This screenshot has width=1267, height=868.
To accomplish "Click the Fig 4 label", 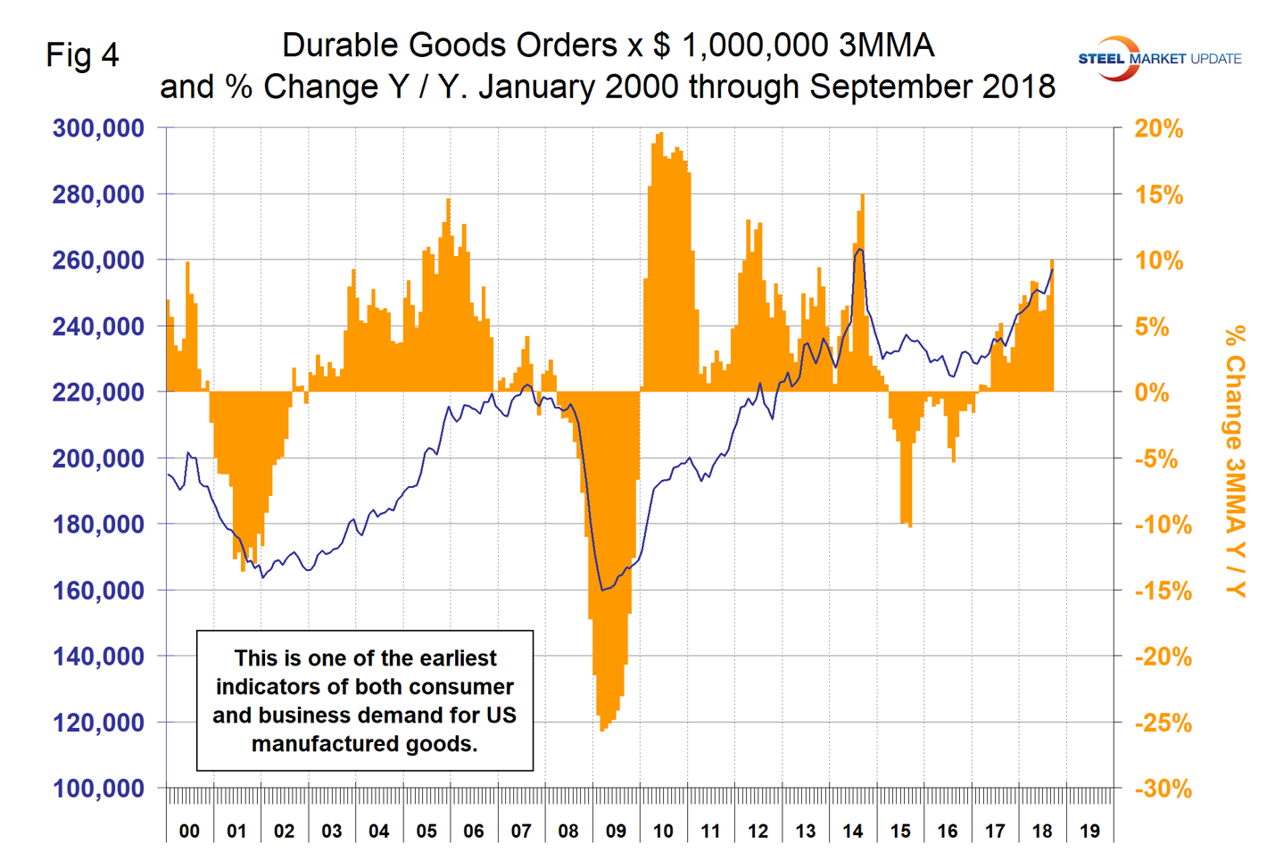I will click(82, 55).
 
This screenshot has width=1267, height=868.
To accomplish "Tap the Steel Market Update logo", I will click(1159, 59).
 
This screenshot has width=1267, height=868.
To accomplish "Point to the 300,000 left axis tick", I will click(98, 128).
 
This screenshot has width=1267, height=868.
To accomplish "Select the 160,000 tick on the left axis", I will click(98, 591).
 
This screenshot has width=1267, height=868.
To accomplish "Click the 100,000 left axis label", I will click(98, 789).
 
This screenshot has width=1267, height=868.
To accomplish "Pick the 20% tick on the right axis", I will click(1158, 129).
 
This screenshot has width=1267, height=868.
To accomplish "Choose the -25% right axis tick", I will click(1163, 723).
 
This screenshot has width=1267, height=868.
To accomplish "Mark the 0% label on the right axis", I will click(1151, 393).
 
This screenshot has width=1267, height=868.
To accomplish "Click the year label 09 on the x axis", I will click(616, 831).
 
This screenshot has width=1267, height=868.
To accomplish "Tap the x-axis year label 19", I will click(1089, 831).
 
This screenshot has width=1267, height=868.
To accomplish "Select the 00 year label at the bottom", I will click(189, 831).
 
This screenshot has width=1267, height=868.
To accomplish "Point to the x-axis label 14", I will click(852, 831).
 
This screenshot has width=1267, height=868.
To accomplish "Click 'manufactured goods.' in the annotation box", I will click(364, 744).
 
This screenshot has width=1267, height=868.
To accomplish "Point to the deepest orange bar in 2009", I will click(603, 727).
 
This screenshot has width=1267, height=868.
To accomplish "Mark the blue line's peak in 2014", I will click(859, 250).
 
